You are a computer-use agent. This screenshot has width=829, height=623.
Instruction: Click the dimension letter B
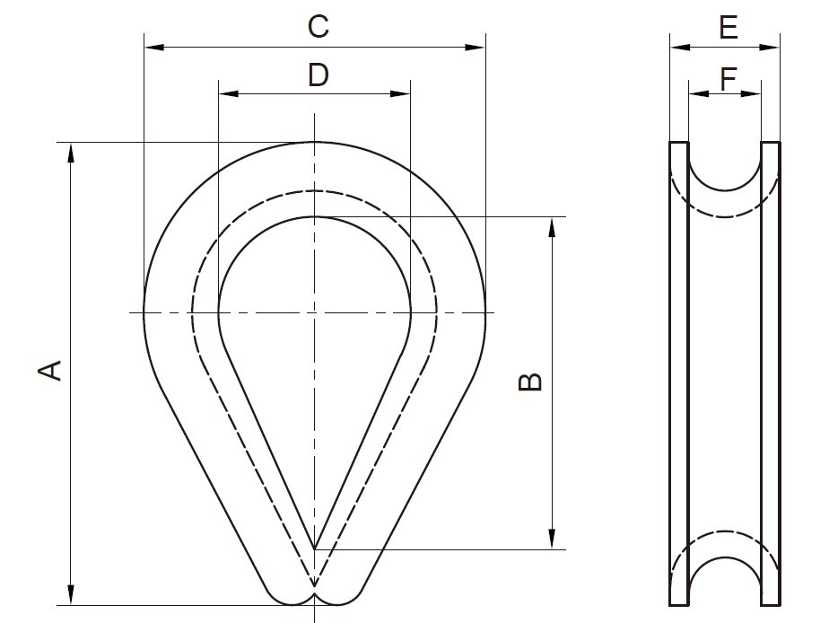click(531, 382)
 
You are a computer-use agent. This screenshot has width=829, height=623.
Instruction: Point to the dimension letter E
click(728, 29)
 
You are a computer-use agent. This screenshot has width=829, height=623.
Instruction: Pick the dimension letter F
click(728, 80)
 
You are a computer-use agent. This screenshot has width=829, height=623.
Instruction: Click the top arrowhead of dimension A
click(71, 150)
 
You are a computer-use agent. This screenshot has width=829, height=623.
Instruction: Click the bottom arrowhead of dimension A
click(71, 597)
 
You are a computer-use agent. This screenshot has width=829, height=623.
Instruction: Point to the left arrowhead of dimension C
click(153, 47)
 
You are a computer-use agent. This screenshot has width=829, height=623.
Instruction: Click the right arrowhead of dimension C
click(478, 47)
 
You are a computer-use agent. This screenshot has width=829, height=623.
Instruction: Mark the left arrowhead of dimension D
click(226, 92)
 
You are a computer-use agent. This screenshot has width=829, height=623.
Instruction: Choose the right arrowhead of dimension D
click(403, 92)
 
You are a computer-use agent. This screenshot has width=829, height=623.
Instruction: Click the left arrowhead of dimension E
click(677, 47)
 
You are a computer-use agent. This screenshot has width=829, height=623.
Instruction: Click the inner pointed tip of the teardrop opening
click(314, 547)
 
